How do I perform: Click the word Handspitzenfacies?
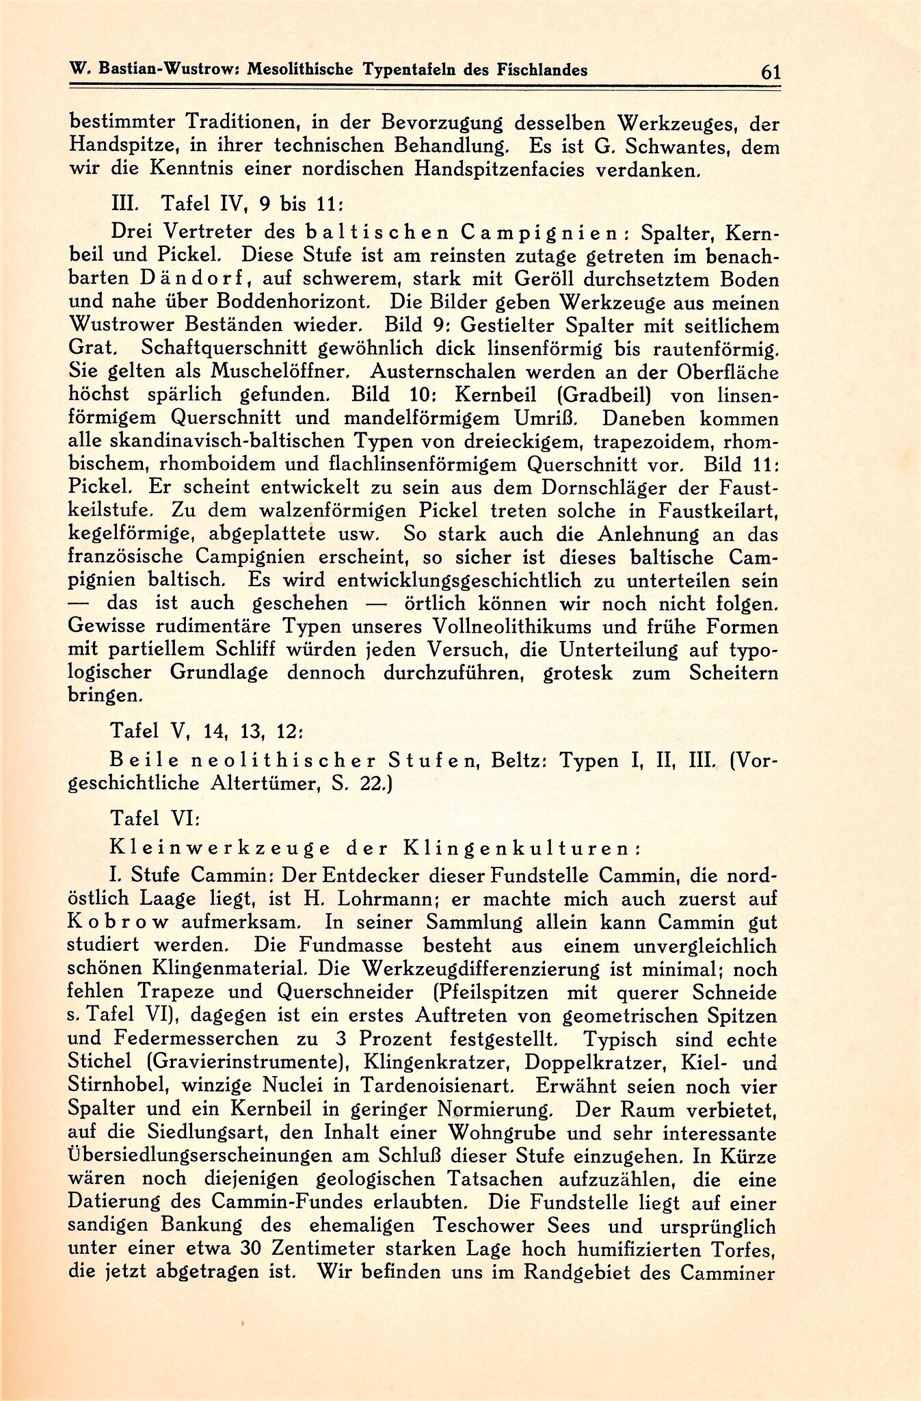pyautogui.click(x=472, y=170)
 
